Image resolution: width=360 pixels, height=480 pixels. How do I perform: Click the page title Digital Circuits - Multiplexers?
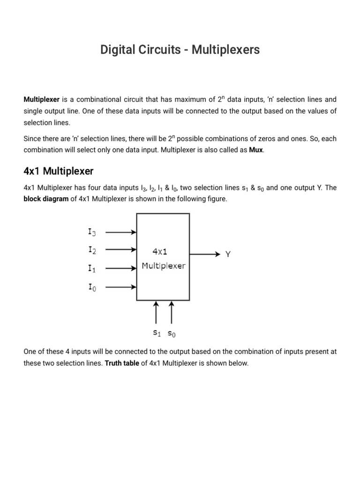pos(180,50)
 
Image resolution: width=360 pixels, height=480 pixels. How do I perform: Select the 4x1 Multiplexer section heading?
pos(59,171)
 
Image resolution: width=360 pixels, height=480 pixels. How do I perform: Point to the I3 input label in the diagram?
pos(92,232)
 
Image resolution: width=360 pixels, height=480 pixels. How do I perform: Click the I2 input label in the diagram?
pos(92,250)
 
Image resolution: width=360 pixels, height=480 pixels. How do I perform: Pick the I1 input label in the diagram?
pos(92,269)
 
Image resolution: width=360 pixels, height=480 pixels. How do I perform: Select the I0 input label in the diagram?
pos(92,287)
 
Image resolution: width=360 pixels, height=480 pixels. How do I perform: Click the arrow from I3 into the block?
pos(121,232)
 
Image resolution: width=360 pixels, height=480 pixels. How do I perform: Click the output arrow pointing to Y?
pos(205,254)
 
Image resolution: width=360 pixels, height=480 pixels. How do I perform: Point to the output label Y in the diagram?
pos(228,255)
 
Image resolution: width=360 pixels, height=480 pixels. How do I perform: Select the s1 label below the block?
pos(157,334)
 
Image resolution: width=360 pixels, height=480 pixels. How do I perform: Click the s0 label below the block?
pos(172,334)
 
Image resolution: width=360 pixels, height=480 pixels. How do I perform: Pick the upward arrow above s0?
pos(171,312)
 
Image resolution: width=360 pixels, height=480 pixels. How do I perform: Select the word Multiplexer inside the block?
pos(164,266)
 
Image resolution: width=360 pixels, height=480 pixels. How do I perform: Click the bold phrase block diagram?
pos(46,199)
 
